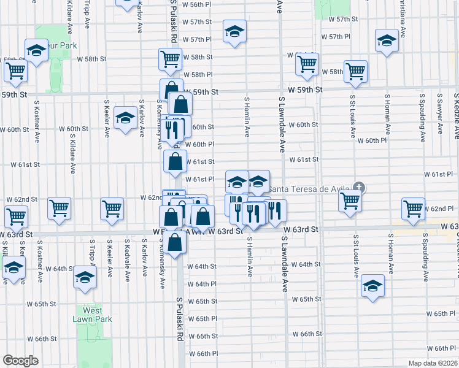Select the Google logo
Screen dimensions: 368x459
click(20, 361)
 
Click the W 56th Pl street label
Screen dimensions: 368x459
click(197, 4)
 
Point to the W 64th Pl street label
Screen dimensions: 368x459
click(202, 284)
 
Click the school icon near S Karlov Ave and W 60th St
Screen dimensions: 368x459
click(126, 118)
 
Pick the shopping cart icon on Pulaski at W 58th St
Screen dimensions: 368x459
click(170, 59)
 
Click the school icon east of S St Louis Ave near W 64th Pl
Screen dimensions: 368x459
click(372, 285)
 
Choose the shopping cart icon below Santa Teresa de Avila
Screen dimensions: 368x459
click(350, 199)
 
